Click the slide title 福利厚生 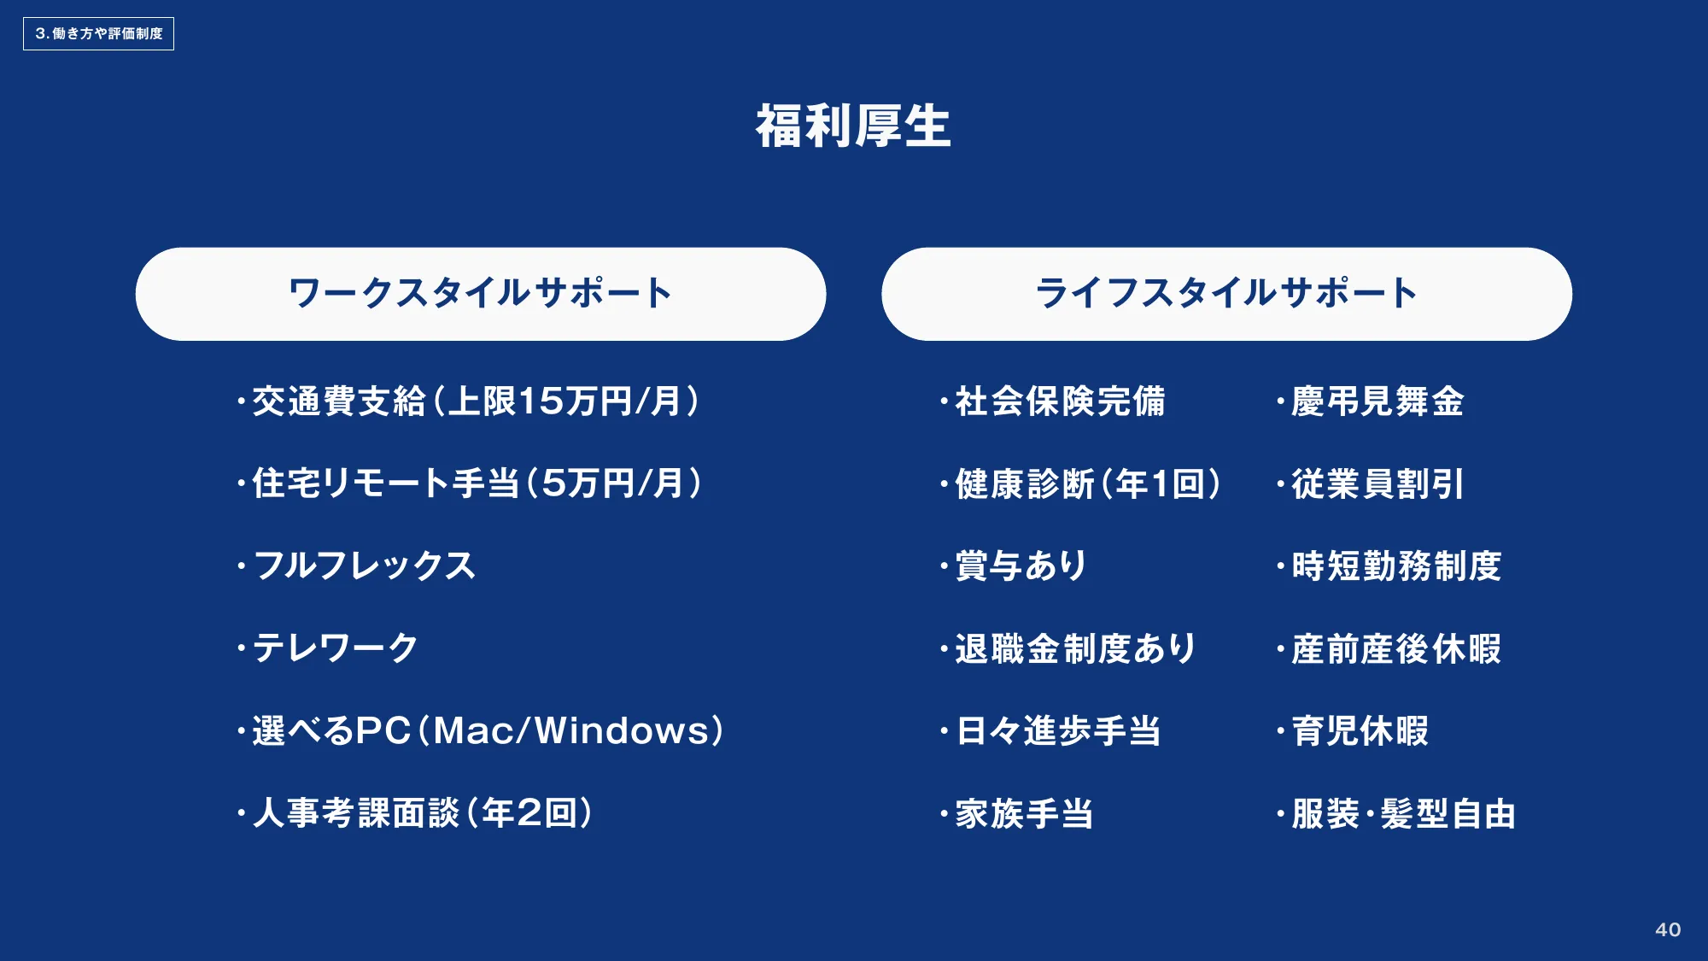(x=853, y=126)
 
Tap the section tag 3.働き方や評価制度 (x=98, y=33)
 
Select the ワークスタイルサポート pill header (x=481, y=294)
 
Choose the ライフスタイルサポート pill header (x=1226, y=294)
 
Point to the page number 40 (x=1668, y=929)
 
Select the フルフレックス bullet (x=356, y=565)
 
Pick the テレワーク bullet (x=328, y=648)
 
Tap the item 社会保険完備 (x=1053, y=401)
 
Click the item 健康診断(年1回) (x=1080, y=483)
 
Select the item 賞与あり (x=1013, y=565)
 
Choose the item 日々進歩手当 (x=1050, y=730)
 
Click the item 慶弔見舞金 (x=1371, y=401)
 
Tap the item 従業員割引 (x=1371, y=483)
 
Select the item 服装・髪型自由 (x=1396, y=813)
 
